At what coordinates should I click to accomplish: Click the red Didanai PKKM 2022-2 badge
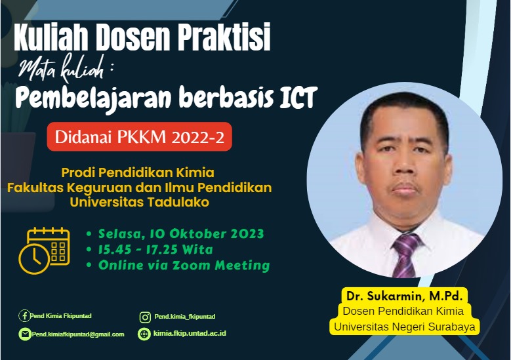[139, 138]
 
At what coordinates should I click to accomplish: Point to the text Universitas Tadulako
[139, 202]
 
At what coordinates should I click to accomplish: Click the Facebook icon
[24, 315]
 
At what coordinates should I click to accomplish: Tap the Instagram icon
[145, 317]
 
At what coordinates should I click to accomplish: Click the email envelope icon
[24, 334]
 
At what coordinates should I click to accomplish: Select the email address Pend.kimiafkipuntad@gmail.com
[77, 334]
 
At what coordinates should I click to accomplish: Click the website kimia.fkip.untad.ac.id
[190, 334]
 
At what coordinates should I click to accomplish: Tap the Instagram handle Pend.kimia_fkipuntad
[185, 317]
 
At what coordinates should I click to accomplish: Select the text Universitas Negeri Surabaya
[404, 326]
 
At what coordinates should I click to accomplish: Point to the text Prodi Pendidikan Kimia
[138, 173]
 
